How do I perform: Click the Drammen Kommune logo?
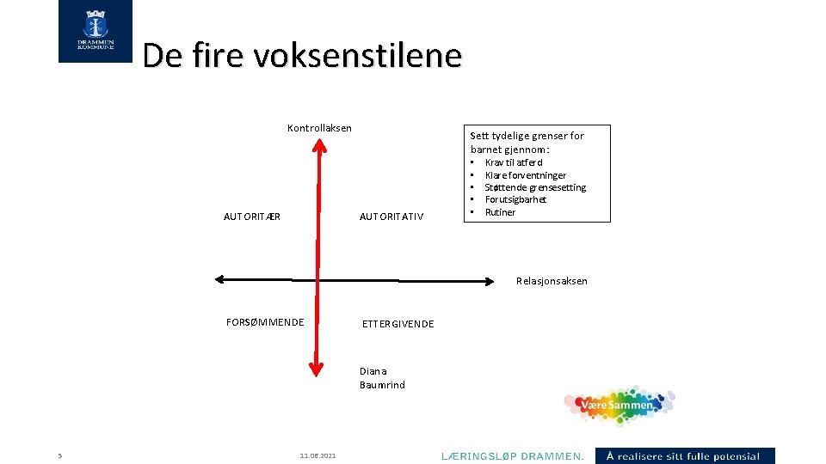click(96, 32)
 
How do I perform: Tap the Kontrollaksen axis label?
click(319, 128)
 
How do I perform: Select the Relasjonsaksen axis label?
click(552, 281)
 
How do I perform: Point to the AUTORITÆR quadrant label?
click(252, 217)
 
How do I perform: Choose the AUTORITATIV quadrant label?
click(391, 217)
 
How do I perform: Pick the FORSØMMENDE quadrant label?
click(265, 322)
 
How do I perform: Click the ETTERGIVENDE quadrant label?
click(398, 324)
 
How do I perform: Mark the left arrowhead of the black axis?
click(220, 278)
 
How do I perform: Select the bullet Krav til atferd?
click(514, 162)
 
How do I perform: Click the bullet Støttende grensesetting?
click(535, 187)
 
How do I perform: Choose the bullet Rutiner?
click(500, 212)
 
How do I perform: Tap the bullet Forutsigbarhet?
click(515, 199)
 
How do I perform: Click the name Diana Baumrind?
click(382, 378)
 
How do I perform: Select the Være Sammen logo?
click(619, 405)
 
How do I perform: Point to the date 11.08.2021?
click(318, 456)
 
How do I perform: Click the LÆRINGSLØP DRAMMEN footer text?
click(513, 456)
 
